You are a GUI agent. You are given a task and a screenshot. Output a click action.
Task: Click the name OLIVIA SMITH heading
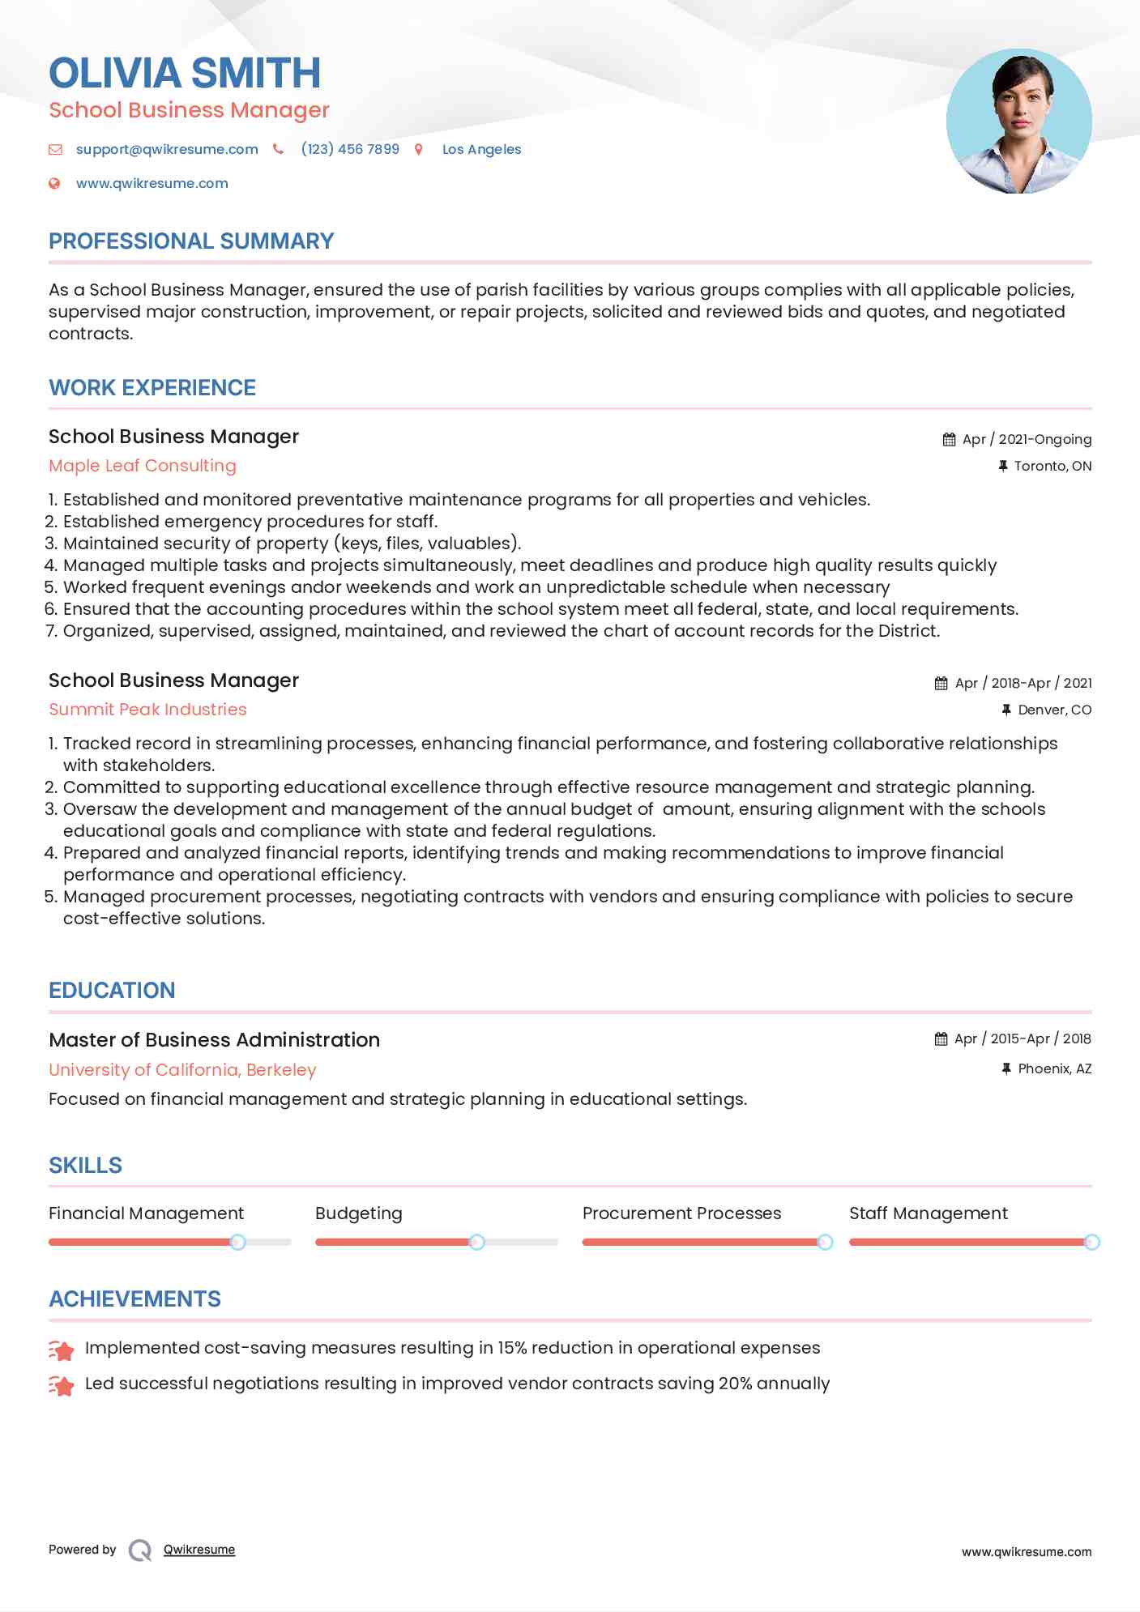185,73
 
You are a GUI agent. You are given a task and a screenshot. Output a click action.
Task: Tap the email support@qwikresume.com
167,149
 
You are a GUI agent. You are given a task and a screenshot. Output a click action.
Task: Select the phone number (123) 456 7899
350,149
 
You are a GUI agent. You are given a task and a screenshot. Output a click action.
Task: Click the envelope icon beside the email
55,149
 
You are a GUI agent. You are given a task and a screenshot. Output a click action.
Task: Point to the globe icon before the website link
54,183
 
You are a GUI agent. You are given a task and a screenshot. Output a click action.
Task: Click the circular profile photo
1018,122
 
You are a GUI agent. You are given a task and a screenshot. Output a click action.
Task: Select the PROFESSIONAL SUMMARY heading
191,241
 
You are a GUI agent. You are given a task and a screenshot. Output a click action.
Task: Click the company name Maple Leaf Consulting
143,466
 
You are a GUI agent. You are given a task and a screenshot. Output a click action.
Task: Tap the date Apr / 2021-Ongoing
1027,439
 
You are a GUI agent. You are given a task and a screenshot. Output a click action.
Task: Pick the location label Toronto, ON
1052,466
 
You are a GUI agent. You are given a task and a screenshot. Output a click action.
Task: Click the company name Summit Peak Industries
147,710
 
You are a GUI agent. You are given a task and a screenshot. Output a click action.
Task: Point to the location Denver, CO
1054,710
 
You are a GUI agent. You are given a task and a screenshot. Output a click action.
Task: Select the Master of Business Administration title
214,1040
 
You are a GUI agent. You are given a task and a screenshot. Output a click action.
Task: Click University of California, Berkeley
182,1070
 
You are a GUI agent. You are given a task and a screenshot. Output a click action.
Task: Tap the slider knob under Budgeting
477,1242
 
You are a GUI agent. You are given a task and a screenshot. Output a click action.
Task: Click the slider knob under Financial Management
237,1242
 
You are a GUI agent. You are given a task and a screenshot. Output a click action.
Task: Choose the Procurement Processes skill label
681,1213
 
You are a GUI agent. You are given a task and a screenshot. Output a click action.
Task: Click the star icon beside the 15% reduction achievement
62,1350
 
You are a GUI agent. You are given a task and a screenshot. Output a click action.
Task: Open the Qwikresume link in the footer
199,1550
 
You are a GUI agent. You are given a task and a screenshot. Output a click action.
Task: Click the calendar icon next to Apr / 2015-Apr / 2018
941,1039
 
